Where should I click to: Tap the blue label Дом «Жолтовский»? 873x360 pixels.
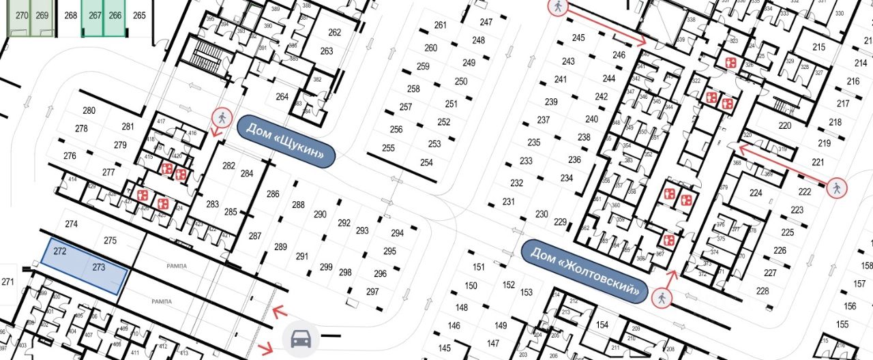tap(584, 270)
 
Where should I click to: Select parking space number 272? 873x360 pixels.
tap(59, 252)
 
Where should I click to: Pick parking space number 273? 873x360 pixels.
tap(98, 268)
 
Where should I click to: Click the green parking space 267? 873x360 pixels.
tap(95, 16)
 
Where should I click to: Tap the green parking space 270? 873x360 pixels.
tap(23, 16)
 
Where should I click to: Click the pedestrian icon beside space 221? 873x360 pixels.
tap(835, 189)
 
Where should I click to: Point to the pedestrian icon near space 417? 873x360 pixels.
tap(220, 117)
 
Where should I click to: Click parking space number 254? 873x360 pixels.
tap(426, 162)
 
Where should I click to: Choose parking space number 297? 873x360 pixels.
tap(372, 291)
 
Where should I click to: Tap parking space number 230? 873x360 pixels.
tap(542, 214)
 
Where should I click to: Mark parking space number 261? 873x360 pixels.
tap(440, 25)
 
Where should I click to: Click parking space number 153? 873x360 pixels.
tap(526, 292)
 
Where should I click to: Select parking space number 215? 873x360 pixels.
tap(819, 47)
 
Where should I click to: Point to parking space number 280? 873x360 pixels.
tap(89, 110)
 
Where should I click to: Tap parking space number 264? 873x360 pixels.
tap(282, 96)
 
